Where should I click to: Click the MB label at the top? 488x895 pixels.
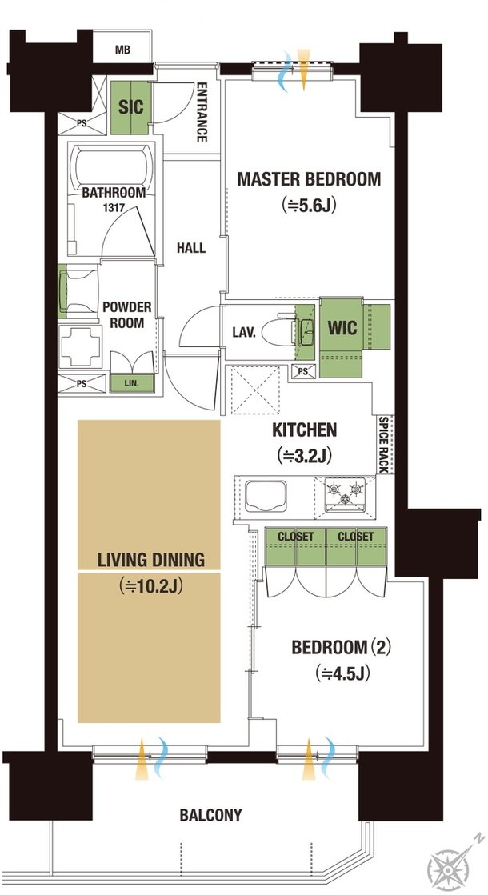point(122,50)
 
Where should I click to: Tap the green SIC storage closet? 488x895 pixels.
point(130,107)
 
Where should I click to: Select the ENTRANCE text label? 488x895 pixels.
point(202,112)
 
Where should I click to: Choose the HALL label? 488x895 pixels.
point(191,248)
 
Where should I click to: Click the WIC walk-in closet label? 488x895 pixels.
point(342,328)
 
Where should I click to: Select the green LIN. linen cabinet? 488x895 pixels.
point(132,382)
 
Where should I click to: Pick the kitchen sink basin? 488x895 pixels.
point(266,495)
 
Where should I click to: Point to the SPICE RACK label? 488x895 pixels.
point(383,444)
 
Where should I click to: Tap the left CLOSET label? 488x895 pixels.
point(296,537)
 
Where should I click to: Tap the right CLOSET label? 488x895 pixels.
point(355,537)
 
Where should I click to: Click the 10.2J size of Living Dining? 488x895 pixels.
point(151,586)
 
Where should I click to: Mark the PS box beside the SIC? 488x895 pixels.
point(81,122)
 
